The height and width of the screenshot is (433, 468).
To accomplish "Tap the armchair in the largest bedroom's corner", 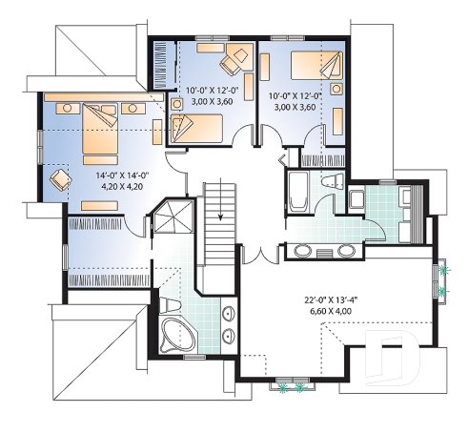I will point(60,178).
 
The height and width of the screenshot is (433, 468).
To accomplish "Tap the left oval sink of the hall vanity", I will point(304,251).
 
